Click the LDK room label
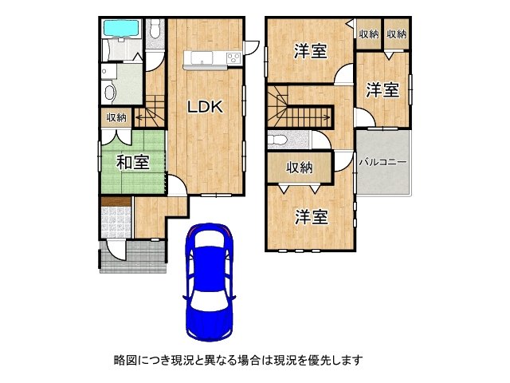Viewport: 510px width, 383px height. click(x=206, y=106)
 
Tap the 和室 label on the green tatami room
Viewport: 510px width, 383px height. click(x=133, y=162)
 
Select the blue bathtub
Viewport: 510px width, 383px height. click(x=121, y=29)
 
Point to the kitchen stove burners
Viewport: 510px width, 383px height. click(x=233, y=58)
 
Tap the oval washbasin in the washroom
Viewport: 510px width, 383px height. click(x=110, y=92)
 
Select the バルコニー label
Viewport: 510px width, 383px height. click(x=383, y=162)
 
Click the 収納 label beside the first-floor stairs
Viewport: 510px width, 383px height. click(x=116, y=117)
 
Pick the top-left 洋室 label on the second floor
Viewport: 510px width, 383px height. click(x=310, y=51)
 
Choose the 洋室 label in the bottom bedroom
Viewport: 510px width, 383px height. click(x=312, y=216)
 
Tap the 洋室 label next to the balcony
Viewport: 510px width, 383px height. click(x=382, y=89)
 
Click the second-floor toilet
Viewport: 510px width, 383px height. click(x=278, y=140)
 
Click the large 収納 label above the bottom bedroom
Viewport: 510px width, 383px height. click(x=300, y=168)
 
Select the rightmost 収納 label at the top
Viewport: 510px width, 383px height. click(x=397, y=34)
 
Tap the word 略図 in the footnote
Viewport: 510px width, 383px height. click(x=125, y=360)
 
